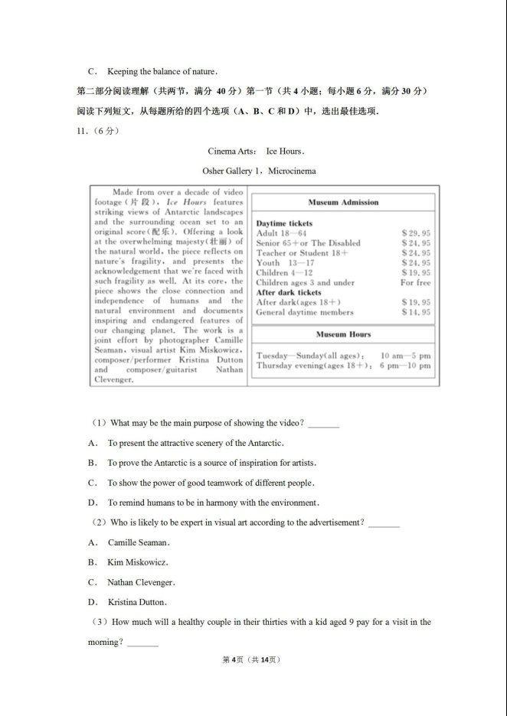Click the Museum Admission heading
coord(343,203)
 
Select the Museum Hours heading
coord(343,334)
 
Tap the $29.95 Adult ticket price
coord(416,233)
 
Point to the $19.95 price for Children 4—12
coord(416,272)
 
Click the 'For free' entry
coord(415,282)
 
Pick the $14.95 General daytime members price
coord(416,312)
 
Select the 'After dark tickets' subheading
coord(289,292)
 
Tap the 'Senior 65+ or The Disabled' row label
coord(308,242)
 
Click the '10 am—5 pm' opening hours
coord(405,356)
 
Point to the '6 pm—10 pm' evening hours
coord(405,366)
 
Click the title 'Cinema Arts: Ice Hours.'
coord(256,151)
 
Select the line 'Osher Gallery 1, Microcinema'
coord(259,171)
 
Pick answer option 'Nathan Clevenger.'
coord(141,582)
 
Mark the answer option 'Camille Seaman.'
coord(139,542)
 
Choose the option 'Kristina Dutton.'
coord(137,602)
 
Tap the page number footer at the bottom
coord(253,659)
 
